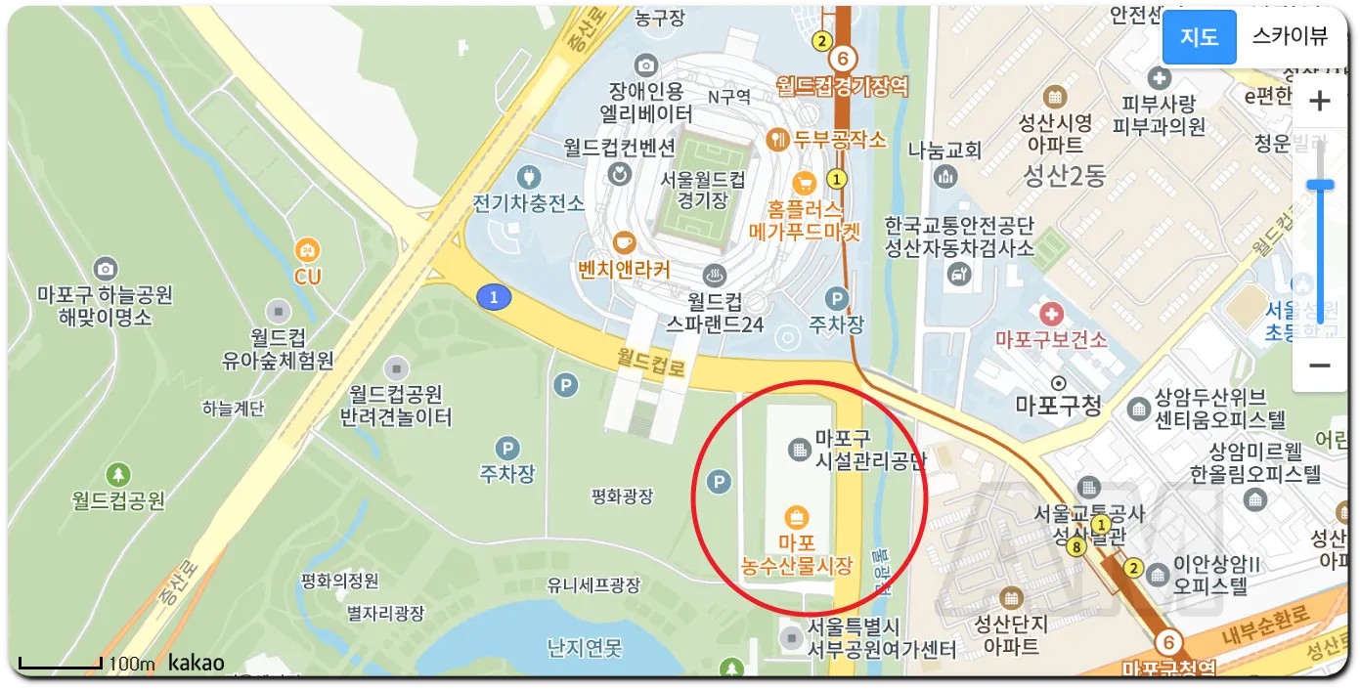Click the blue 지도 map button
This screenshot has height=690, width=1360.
(1199, 37)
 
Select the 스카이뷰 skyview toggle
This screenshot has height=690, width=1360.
(1290, 37)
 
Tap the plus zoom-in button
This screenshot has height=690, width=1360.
(1319, 101)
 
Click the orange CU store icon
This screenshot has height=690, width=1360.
(307, 250)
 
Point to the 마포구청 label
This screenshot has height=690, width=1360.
(1058, 405)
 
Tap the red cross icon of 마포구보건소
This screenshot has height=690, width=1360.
(1051, 315)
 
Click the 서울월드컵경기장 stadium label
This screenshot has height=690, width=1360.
(703, 190)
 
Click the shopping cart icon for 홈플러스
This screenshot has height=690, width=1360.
(805, 183)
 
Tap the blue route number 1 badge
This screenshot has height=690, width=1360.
(494, 297)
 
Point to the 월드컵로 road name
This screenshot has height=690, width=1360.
(651, 364)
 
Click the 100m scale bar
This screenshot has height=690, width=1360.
(61, 665)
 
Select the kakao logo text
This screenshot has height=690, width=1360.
(196, 663)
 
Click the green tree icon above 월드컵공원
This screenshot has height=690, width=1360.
(118, 475)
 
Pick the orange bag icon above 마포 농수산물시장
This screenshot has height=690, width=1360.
(797, 516)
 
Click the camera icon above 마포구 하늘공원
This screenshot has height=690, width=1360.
(105, 268)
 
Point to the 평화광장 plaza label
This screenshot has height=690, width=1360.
(622, 496)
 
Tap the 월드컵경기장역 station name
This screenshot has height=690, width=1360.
(842, 87)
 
